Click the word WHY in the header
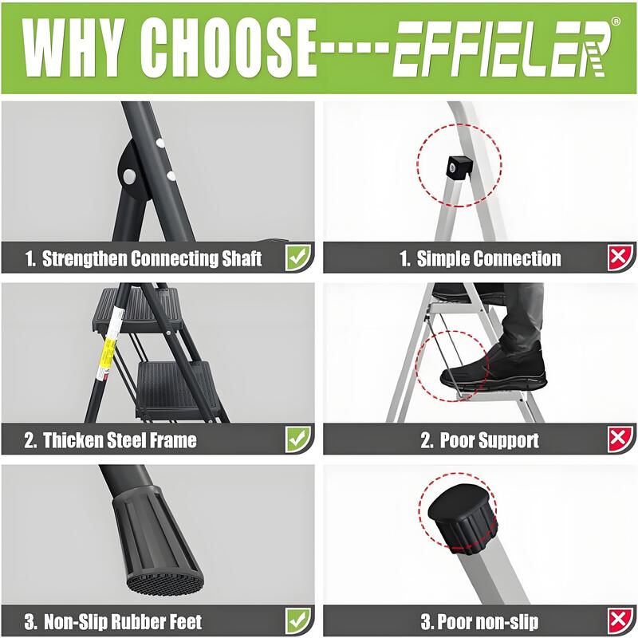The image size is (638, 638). coord(73,48)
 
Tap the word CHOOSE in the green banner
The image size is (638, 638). coord(228,48)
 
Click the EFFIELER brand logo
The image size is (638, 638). coord(503,49)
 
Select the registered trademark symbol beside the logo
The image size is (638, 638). coord(616,22)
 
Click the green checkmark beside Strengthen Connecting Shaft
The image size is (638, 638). coord(298,257)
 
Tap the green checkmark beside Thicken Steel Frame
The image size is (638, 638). coord(298,439)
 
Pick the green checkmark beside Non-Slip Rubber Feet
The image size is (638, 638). coord(298,620)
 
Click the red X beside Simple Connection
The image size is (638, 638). coord(620,257)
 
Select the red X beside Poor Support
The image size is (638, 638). coord(620,439)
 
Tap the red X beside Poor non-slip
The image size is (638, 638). coord(620,620)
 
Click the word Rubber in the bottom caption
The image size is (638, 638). coord(136,622)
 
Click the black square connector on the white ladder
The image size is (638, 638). coord(459,167)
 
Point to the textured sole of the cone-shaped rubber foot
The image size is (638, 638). coord(164,581)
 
